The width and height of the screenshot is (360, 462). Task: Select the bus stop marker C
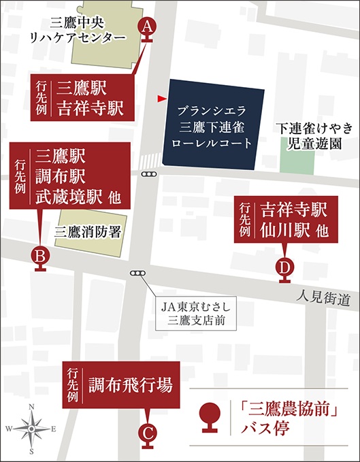pos(148,433)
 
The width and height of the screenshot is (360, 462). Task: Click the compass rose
pos(31,429)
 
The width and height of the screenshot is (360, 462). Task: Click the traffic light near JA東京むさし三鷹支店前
pos(139,274)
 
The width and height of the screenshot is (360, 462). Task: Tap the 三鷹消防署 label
pos(89,231)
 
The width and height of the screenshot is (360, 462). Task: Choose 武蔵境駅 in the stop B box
pos(70,196)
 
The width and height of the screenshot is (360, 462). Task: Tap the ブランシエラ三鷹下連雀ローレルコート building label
pos(214,127)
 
